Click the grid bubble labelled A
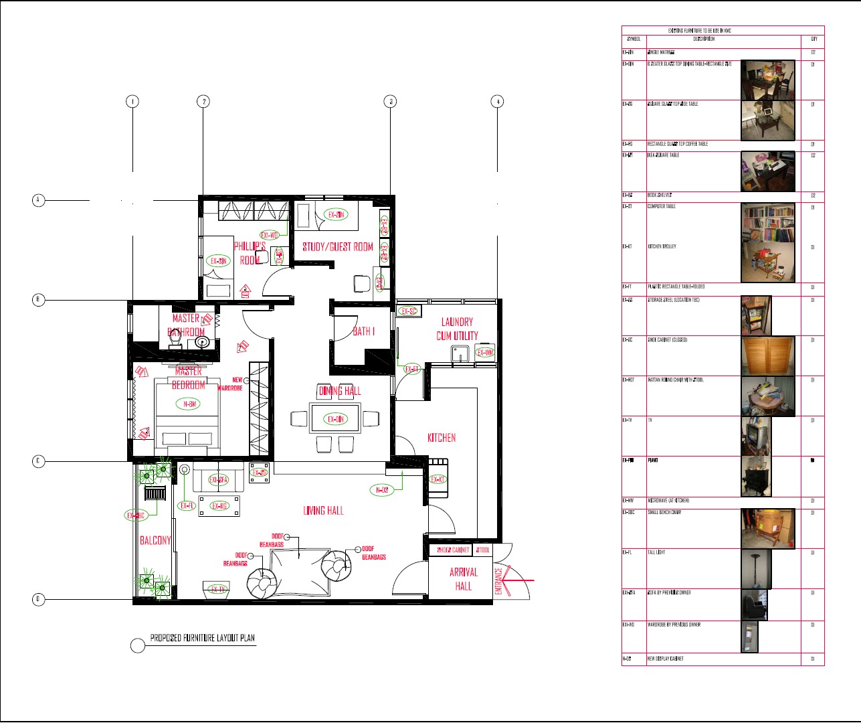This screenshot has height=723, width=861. click(39, 199)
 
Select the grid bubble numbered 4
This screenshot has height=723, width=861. click(497, 102)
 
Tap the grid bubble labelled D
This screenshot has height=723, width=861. click(39, 599)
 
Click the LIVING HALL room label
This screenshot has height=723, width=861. click(323, 511)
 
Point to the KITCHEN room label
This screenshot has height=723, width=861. click(442, 438)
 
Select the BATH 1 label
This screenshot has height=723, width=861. click(363, 331)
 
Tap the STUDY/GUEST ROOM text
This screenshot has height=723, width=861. click(337, 247)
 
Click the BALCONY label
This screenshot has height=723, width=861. click(155, 540)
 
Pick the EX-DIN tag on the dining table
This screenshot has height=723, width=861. click(336, 419)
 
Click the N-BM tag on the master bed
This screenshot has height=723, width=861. click(188, 404)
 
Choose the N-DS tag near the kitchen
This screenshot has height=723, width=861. click(381, 490)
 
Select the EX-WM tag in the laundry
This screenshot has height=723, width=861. click(485, 353)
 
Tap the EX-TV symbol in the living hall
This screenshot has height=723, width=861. click(218, 589)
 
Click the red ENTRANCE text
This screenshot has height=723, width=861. click(499, 581)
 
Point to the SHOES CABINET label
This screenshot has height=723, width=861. click(453, 550)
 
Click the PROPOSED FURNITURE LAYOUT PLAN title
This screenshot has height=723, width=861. click(202, 638)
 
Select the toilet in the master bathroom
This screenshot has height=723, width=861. click(175, 341)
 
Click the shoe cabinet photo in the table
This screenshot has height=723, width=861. click(767, 356)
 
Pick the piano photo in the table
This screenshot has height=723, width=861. click(757, 476)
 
